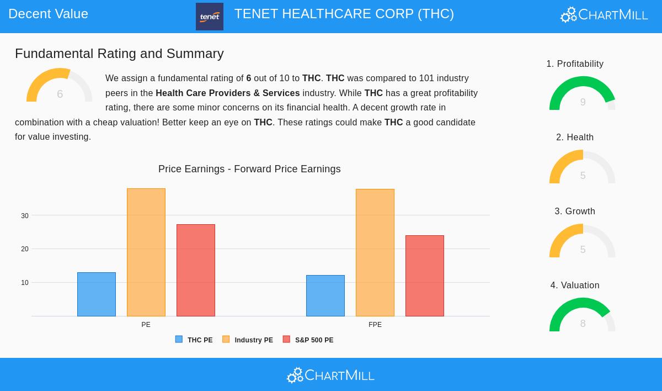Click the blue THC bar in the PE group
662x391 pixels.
click(x=97, y=294)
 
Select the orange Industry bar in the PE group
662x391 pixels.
click(x=146, y=252)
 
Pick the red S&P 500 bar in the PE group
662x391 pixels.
click(x=196, y=270)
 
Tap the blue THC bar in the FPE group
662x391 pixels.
click(x=325, y=295)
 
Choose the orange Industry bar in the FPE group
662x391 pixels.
click(x=375, y=252)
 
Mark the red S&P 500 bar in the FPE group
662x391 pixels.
click(x=425, y=276)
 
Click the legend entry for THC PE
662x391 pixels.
click(x=194, y=340)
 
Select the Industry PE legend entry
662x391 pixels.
click(x=248, y=340)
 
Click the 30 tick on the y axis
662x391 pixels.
click(x=25, y=216)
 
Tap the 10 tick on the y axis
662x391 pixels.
click(x=25, y=283)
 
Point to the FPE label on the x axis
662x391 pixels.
click(x=375, y=325)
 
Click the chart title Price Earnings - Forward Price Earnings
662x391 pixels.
click(x=249, y=169)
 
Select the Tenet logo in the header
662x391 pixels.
click(x=210, y=17)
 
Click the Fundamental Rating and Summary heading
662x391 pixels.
click(x=119, y=54)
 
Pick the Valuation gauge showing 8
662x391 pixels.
click(x=583, y=315)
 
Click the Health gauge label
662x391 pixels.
click(x=575, y=138)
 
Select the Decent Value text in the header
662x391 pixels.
click(x=49, y=14)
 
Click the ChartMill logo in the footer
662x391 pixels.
click(x=330, y=376)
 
